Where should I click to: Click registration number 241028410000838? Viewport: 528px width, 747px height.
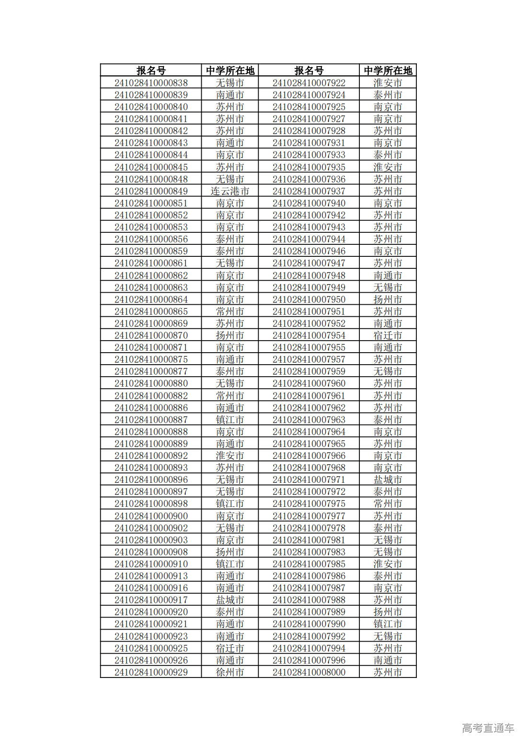[x=151, y=83]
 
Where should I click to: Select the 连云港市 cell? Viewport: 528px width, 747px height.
[x=230, y=191]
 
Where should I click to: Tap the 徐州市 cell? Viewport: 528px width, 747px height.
[x=230, y=672]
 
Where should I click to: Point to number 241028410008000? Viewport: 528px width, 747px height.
[x=309, y=672]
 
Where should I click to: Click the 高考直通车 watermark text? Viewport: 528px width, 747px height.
[x=488, y=728]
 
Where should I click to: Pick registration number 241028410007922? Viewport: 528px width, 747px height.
[x=309, y=83]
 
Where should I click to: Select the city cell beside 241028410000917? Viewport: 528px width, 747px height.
[x=230, y=600]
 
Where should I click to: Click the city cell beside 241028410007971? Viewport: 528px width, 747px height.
[x=388, y=480]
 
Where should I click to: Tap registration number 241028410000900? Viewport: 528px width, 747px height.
[x=151, y=516]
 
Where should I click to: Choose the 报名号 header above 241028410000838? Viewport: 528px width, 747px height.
[x=151, y=70]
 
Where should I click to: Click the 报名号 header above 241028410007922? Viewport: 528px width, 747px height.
[x=309, y=70]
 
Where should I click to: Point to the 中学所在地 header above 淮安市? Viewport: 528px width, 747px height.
[x=388, y=70]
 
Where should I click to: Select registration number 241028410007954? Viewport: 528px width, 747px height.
[x=309, y=335]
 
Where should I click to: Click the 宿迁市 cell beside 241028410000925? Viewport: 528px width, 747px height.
[x=230, y=648]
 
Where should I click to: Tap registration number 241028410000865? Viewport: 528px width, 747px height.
[x=151, y=311]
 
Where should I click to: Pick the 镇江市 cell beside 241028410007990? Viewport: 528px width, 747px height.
[x=388, y=624]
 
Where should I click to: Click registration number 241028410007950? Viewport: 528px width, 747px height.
[x=309, y=299]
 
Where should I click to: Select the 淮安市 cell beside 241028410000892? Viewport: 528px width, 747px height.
[x=230, y=456]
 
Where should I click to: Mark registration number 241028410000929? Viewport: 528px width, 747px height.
[x=151, y=672]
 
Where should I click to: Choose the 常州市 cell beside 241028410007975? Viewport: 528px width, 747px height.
[x=388, y=504]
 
